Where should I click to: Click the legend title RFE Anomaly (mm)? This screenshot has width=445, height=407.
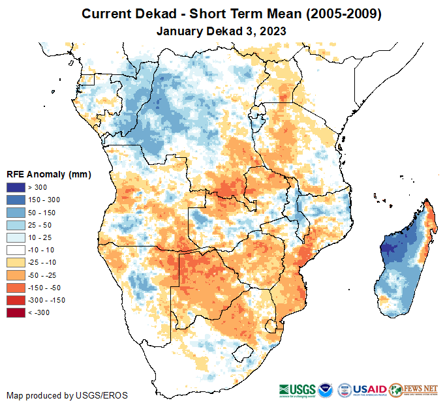49,174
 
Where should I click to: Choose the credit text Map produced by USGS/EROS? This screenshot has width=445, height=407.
67,395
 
